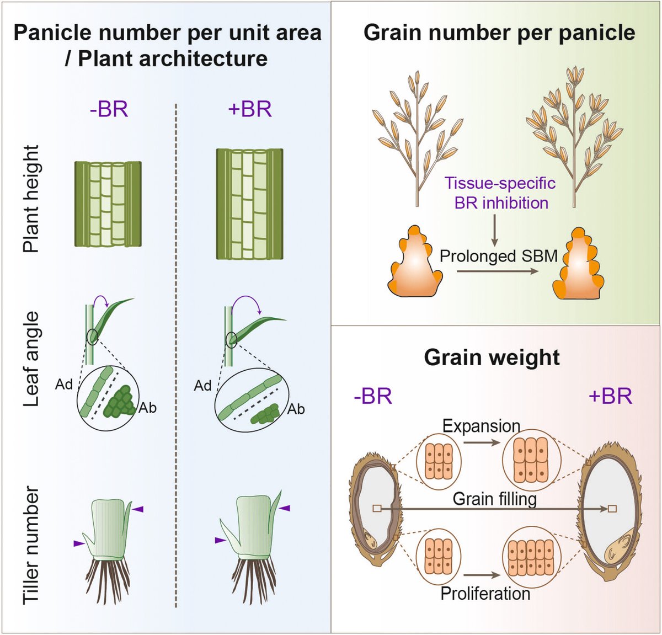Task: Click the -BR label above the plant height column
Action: point(109,109)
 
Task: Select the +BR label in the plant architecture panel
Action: point(249,109)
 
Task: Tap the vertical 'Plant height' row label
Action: point(31,199)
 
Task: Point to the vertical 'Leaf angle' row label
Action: point(31,359)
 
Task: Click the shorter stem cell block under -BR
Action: point(108,204)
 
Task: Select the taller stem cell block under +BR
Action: point(249,204)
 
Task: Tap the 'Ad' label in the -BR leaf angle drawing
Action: point(64,384)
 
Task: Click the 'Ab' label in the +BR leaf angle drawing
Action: point(296,409)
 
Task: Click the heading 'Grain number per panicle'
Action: point(499,33)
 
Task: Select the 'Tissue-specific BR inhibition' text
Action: point(500,193)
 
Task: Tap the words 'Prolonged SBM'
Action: point(498,256)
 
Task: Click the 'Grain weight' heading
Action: point(492,357)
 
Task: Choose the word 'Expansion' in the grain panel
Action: point(481,426)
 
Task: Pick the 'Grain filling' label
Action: point(494,499)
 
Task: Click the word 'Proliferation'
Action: point(485,594)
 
